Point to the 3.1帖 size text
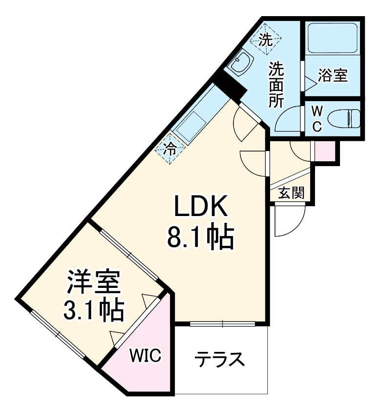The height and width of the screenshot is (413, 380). point(93,309)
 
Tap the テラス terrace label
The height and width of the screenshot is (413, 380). point(219,360)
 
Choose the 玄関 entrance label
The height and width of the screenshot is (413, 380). point(291,193)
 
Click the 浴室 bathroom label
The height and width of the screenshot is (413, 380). point(333,76)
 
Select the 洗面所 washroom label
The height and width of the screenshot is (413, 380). point(277,85)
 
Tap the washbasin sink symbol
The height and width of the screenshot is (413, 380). point(240,64)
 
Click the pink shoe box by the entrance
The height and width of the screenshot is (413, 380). point(324,151)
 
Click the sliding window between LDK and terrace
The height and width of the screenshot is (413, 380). point(222,323)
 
